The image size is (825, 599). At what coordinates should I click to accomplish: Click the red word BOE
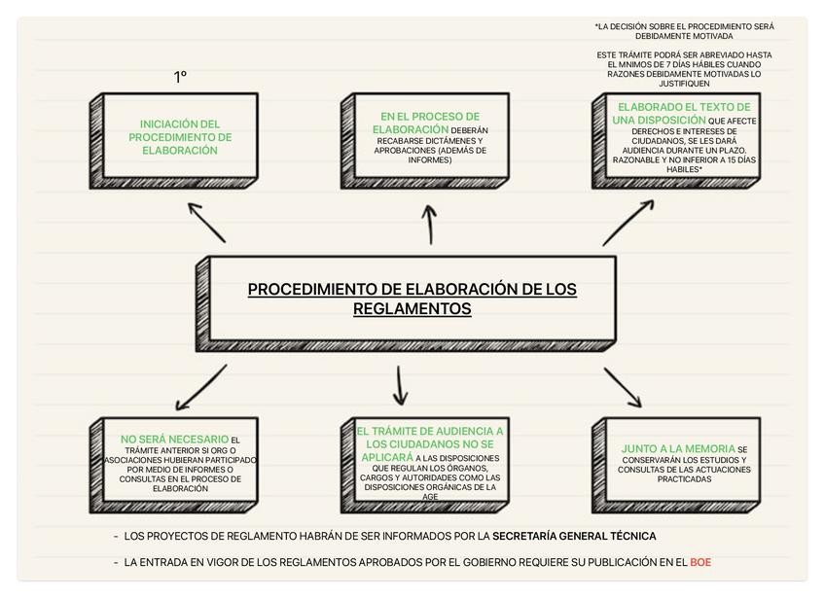tap(699, 562)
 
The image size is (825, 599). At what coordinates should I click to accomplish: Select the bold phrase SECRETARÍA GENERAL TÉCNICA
tap(574, 536)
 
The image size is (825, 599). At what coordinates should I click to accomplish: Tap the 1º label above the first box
tap(180, 77)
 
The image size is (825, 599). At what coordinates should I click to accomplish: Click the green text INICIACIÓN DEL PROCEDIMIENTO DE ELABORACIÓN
tap(180, 137)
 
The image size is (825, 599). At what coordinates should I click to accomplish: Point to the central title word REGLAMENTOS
tap(412, 308)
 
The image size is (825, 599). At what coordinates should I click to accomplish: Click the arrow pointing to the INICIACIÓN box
tap(206, 223)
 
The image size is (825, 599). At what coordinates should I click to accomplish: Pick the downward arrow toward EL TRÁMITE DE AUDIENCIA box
tap(399, 385)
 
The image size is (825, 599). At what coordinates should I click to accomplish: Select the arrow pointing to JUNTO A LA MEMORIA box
tap(623, 386)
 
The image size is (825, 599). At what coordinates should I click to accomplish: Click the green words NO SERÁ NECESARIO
tap(174, 440)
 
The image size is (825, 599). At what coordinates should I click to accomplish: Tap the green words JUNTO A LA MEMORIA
tap(678, 449)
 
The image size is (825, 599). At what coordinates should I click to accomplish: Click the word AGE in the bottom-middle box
tap(430, 496)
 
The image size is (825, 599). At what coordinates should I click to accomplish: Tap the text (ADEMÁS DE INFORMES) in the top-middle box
tap(430, 156)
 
